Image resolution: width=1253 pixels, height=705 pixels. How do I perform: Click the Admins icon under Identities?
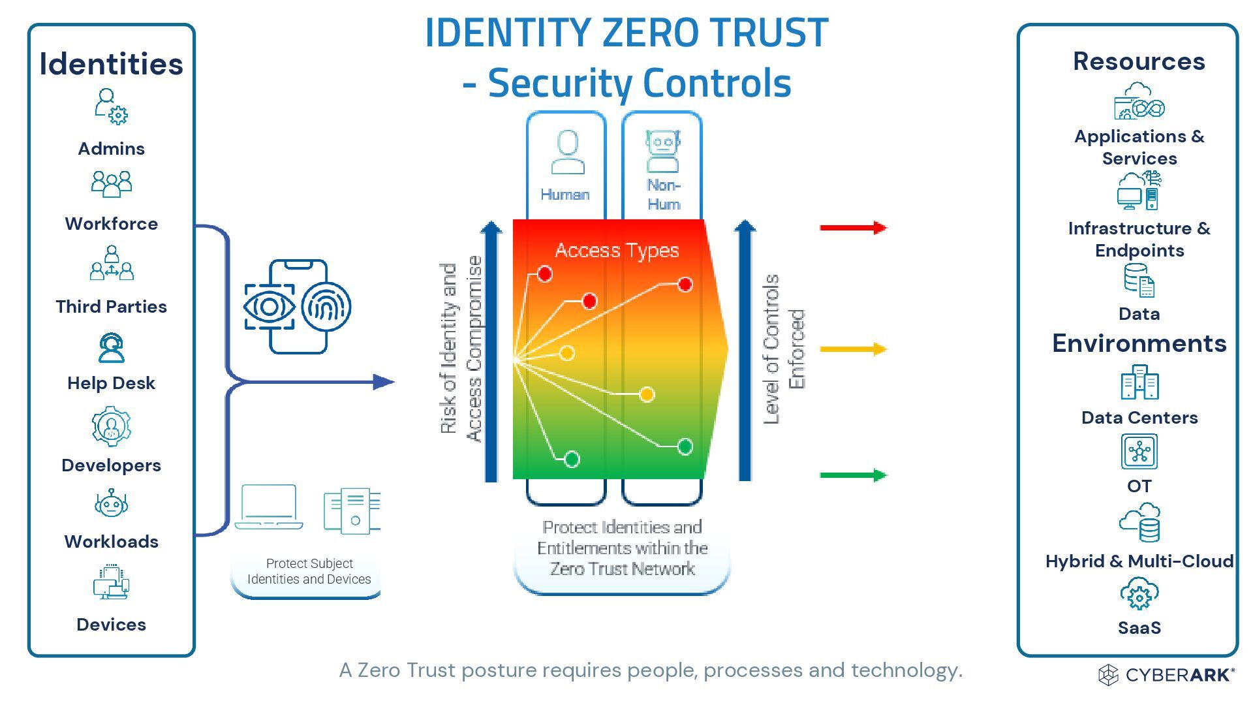pyautogui.click(x=111, y=106)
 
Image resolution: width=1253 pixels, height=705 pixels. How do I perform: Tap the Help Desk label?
pyautogui.click(x=111, y=383)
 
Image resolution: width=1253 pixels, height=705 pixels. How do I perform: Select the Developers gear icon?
pyautogui.click(x=111, y=426)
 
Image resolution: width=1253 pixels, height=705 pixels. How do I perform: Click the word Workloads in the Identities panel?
pyautogui.click(x=111, y=542)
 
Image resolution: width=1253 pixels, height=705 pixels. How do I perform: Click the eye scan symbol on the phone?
pyautogui.click(x=269, y=306)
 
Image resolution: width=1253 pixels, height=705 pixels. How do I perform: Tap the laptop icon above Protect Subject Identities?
pyautogui.click(x=269, y=507)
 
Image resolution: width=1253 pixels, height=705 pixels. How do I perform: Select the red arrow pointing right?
pyautogui.click(x=853, y=228)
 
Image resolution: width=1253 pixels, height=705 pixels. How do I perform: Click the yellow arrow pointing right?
pyautogui.click(x=853, y=349)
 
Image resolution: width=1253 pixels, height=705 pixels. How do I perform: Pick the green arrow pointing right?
pyautogui.click(x=853, y=475)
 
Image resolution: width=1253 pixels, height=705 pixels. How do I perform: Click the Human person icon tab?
pyautogui.click(x=567, y=152)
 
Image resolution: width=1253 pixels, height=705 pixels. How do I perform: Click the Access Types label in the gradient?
pyautogui.click(x=617, y=251)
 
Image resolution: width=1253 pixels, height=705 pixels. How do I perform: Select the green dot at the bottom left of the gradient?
pyautogui.click(x=572, y=459)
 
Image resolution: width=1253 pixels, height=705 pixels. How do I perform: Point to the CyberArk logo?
pyautogui.click(x=1166, y=675)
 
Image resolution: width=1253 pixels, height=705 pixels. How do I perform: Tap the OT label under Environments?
pyautogui.click(x=1139, y=486)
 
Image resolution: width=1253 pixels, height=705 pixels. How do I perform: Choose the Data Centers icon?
pyautogui.click(x=1139, y=383)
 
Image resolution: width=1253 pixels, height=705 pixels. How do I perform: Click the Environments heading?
pyautogui.click(x=1139, y=343)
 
